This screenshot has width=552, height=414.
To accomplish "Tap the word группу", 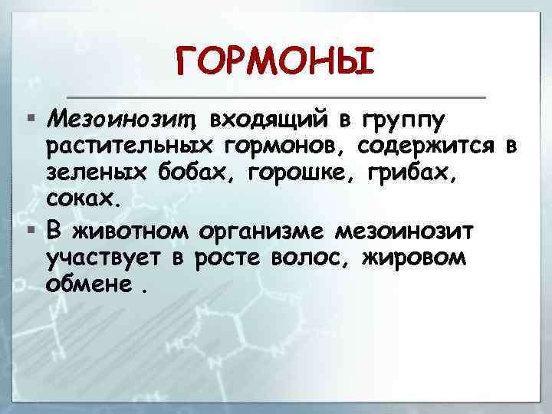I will tap(406, 120).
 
